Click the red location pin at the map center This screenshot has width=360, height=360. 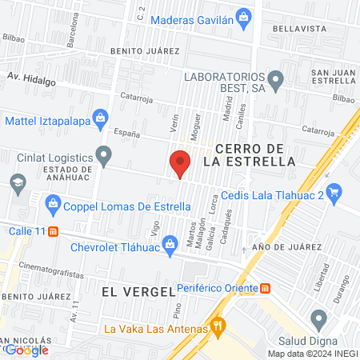(x=180, y=163)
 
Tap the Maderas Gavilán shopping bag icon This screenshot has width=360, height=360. (x=245, y=15)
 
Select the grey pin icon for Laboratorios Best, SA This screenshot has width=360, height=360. (x=276, y=79)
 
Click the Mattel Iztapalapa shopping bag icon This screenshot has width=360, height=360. (x=100, y=118)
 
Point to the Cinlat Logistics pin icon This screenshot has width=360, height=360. (x=103, y=153)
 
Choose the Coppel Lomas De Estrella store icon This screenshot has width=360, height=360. (x=53, y=205)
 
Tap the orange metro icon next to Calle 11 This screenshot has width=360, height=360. (x=53, y=231)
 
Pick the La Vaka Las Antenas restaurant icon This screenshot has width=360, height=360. (x=217, y=326)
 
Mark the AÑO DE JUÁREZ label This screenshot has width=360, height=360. (x=280, y=247)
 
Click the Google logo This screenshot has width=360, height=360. (x=26, y=349)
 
